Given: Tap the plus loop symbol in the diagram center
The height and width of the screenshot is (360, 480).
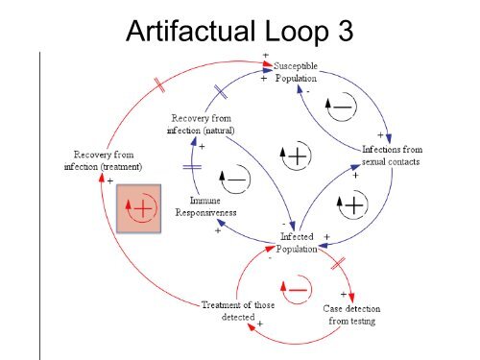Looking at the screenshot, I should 295,156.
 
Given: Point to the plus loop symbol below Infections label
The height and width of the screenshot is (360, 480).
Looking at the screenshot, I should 352,204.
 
